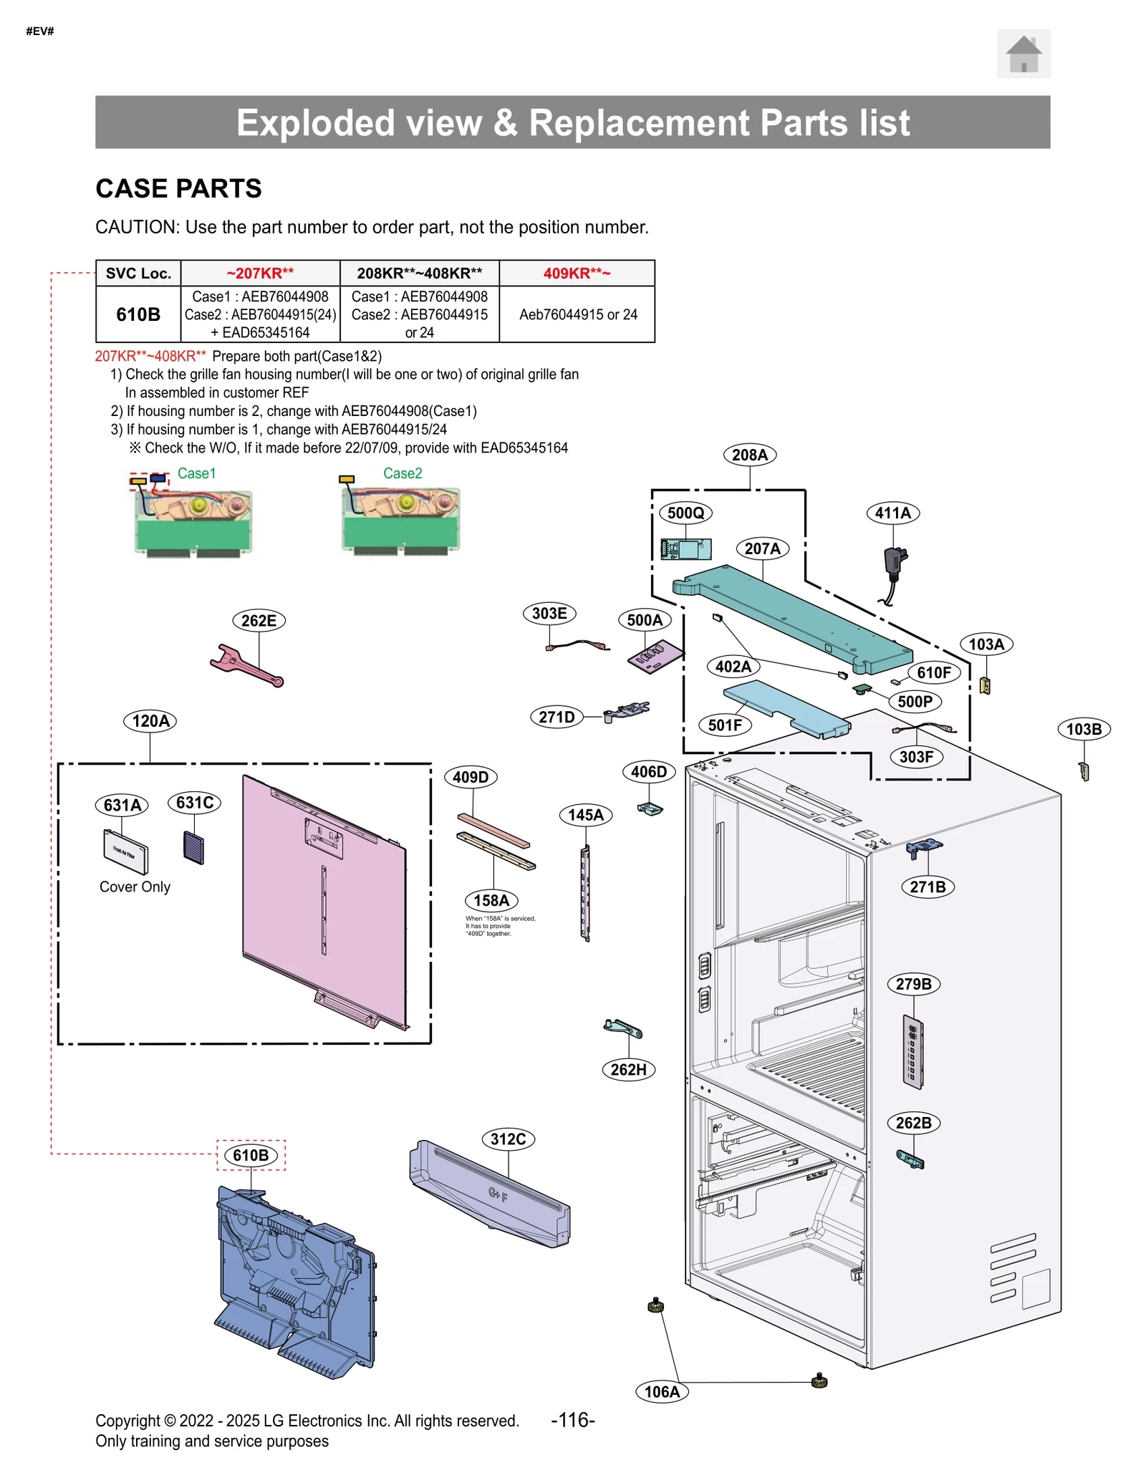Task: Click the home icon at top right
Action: point(1023,54)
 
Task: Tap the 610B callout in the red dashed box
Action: point(251,1155)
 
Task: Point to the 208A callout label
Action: point(749,455)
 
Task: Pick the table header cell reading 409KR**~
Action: point(577,274)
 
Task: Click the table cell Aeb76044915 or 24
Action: point(577,314)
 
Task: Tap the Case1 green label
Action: point(196,473)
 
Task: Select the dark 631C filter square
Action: point(193,848)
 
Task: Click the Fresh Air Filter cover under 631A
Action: point(126,851)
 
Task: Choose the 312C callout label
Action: point(508,1139)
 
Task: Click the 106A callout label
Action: point(662,1392)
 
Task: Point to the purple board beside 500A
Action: point(655,656)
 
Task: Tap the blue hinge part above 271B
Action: point(923,848)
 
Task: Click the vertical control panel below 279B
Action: point(913,1052)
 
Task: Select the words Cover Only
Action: point(135,887)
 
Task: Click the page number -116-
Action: point(572,1420)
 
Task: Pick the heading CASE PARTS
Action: point(178,188)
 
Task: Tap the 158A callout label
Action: point(491,901)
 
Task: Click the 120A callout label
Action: point(150,721)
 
